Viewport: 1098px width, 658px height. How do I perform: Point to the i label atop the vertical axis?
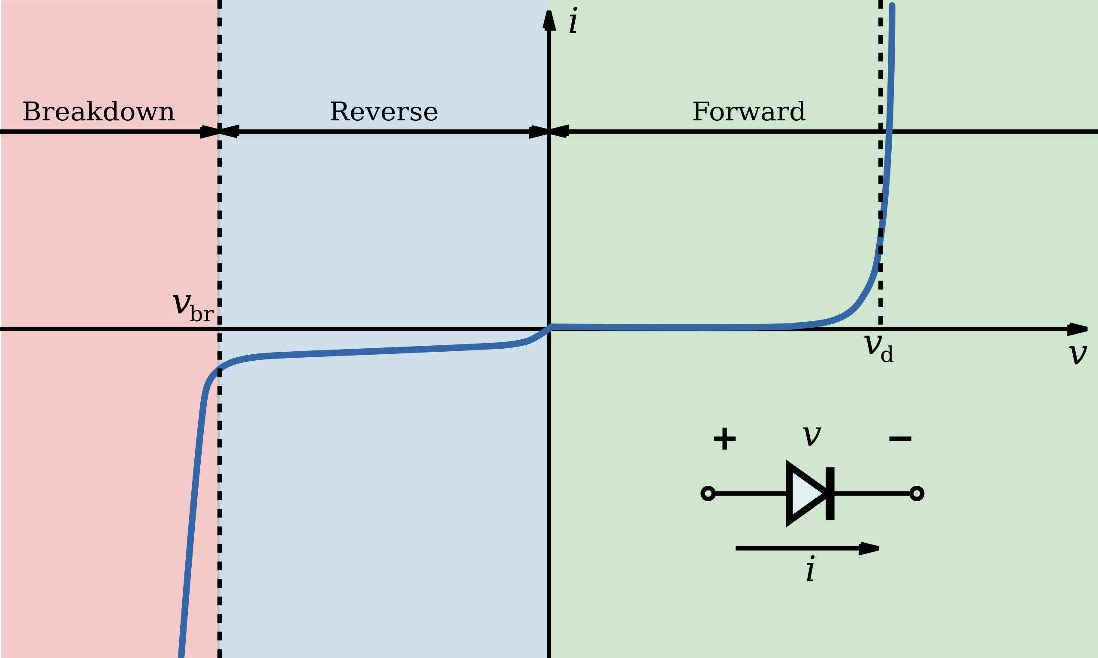[573, 21]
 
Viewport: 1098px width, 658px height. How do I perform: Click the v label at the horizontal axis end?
[1077, 353]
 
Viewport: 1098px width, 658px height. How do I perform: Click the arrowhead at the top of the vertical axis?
[549, 21]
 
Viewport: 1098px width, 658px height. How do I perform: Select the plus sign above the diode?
[724, 439]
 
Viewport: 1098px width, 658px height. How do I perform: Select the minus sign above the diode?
[899, 439]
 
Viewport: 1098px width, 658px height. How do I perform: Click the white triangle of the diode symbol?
[805, 493]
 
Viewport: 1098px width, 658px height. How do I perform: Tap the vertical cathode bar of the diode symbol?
[830, 493]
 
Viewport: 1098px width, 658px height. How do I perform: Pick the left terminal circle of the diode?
[708, 493]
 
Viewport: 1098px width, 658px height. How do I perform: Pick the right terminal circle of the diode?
[917, 493]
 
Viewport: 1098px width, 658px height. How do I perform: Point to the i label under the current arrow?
[810, 569]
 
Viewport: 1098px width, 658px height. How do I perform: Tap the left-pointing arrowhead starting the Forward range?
[559, 132]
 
